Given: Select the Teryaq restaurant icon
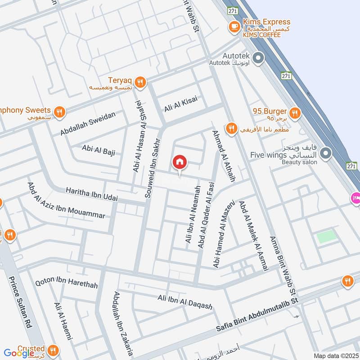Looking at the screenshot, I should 141,82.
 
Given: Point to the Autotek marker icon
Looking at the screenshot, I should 258,58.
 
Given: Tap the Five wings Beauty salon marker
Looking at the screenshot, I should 327,153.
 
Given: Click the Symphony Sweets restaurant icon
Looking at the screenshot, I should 59,111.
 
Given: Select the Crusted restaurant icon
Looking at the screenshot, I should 53,350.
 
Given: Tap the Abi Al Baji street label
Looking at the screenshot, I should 98,150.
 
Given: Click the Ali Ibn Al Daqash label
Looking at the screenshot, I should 184,301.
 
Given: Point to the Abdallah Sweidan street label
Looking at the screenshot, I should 88,124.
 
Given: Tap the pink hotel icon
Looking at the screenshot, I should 355,197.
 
